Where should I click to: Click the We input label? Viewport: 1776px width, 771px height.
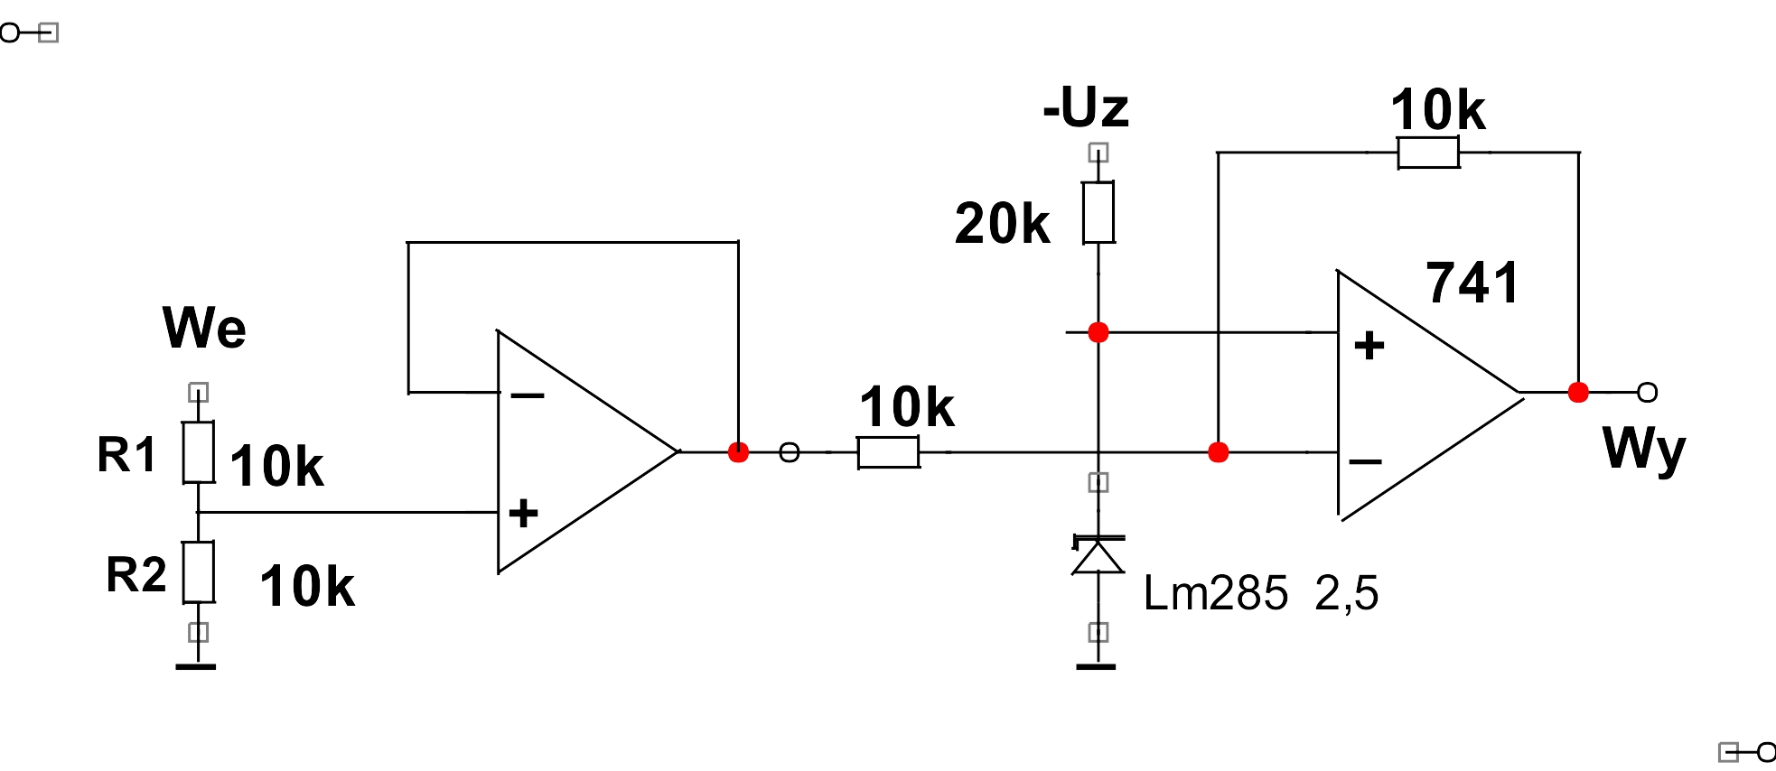(204, 327)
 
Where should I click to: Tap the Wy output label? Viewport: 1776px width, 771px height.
(1644, 449)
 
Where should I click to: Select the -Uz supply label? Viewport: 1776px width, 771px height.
(1086, 107)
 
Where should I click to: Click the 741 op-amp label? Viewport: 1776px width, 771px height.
(1472, 283)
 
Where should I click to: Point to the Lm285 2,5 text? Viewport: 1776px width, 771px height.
(1261, 593)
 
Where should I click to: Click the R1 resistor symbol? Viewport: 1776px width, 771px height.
(199, 452)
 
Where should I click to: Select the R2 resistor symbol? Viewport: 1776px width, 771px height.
(199, 572)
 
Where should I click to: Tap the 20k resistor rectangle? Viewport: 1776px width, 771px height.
(1098, 212)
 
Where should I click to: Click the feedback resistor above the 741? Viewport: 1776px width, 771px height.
(1428, 153)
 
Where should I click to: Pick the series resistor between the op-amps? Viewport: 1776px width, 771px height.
(889, 452)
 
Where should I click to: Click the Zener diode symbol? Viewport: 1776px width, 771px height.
(1098, 554)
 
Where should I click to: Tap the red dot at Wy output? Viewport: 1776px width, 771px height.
(1578, 392)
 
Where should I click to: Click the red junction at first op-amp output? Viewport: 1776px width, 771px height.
(738, 452)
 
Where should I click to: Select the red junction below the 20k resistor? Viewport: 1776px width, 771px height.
(1098, 332)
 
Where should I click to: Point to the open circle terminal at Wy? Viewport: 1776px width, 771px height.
(1648, 392)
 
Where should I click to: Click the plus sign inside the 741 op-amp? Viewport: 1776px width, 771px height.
(1369, 345)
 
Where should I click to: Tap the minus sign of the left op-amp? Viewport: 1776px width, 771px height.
(528, 395)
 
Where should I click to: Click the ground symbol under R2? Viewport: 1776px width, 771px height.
(196, 667)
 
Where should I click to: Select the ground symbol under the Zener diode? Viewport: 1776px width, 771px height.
(1096, 667)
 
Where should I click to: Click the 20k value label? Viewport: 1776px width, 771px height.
(1003, 224)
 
